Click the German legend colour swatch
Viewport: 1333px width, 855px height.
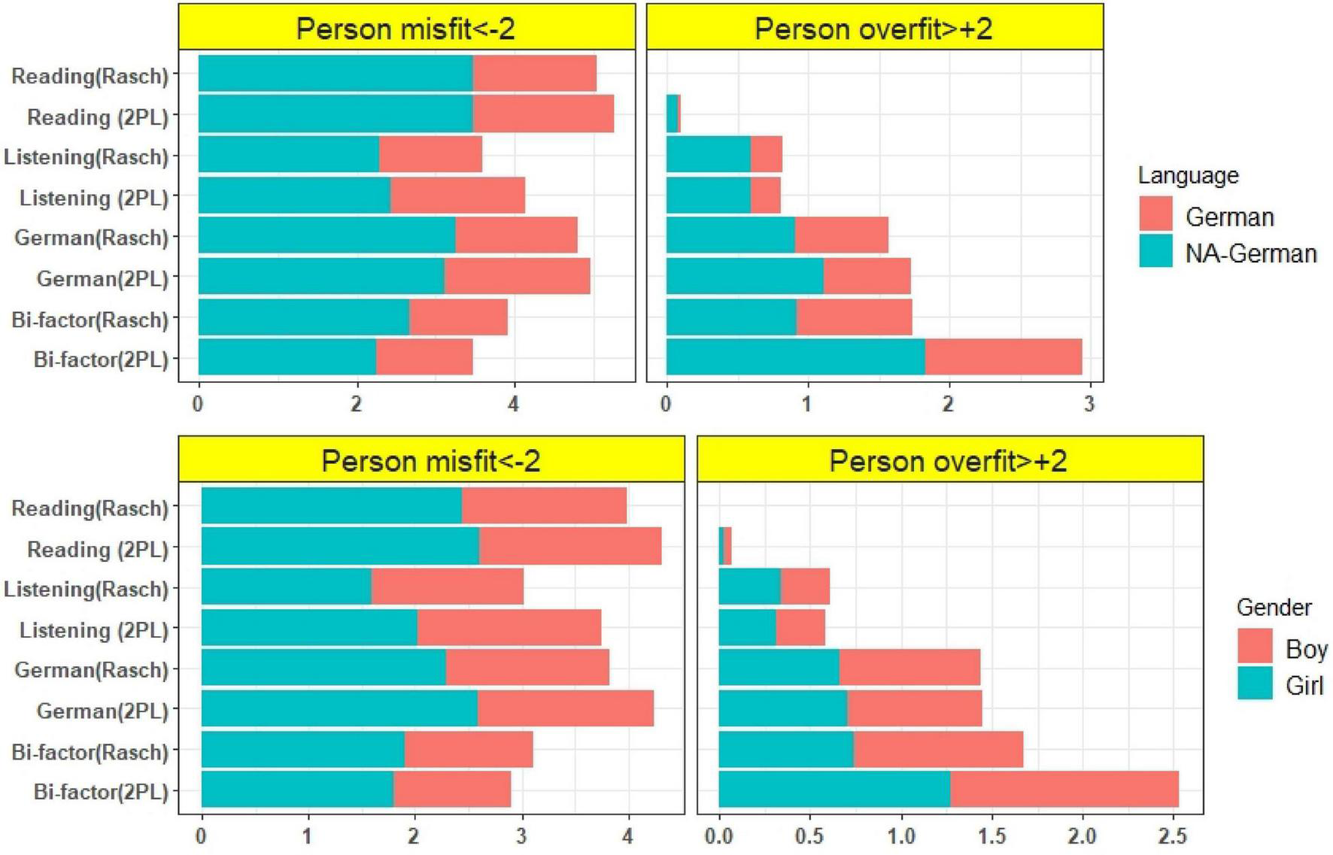(1155, 214)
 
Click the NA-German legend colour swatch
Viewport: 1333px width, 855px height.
(1155, 251)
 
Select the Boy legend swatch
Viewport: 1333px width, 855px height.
(1254, 646)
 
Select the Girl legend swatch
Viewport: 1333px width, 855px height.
(1254, 683)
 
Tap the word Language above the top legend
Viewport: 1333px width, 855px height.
(1187, 175)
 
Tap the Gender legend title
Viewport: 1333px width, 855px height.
(1274, 607)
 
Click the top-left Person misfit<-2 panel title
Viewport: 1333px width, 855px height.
(405, 29)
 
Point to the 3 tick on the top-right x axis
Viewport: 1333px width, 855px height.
(1089, 404)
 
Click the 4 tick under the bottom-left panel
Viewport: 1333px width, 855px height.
(627, 835)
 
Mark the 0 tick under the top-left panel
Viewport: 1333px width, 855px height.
(198, 404)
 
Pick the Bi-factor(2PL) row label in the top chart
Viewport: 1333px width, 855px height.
(101, 359)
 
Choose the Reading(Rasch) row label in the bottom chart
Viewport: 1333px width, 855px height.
(90, 508)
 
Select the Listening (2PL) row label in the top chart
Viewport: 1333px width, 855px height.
(93, 198)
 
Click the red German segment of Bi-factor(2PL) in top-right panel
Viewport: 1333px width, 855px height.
(1003, 356)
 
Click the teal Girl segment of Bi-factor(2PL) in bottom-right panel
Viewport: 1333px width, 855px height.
(834, 789)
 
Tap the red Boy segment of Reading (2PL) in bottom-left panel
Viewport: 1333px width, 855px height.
(569, 546)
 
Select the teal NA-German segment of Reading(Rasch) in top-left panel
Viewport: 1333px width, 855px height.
(335, 73)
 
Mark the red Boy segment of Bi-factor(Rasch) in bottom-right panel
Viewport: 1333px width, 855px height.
(937, 749)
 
